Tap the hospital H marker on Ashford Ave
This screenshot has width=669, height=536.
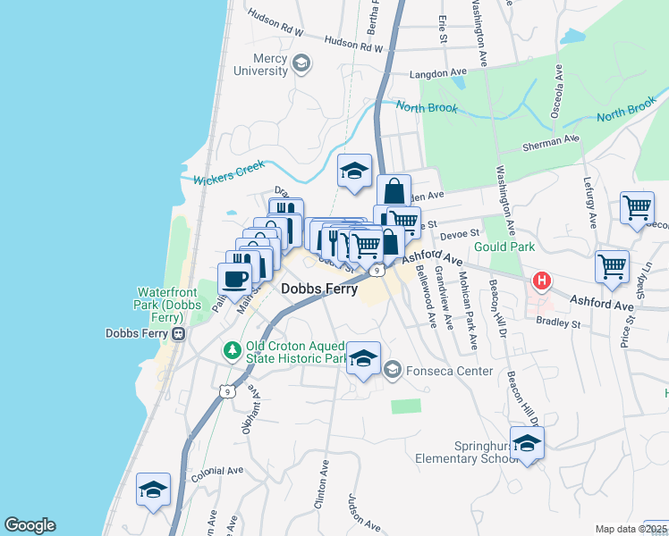541,282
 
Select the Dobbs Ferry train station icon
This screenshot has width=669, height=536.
178,333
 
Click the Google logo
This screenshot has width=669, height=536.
30,525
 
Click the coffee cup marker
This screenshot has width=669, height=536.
235,278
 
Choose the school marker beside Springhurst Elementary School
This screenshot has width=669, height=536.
527,444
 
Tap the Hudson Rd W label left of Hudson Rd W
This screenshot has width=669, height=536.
276,32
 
